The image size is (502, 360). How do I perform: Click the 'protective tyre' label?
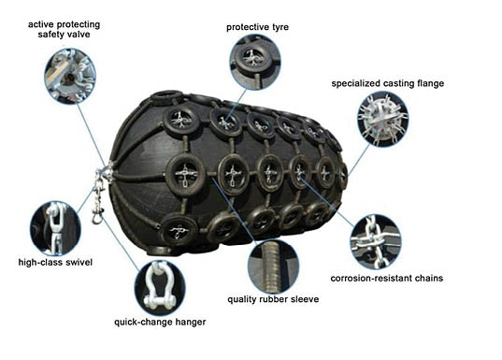coord(257,27)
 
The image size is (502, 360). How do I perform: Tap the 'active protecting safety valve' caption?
coord(64,30)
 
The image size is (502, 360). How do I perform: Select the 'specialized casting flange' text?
coord(388,83)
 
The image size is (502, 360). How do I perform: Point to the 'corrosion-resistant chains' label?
coord(387,278)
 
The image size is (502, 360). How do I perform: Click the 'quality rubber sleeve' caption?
coord(273,299)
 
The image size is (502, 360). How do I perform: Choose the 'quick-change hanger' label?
coord(160,322)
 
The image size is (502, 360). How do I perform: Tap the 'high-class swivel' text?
coord(55,263)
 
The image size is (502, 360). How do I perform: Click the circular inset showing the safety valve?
coord(70,76)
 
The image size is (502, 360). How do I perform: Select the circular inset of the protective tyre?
coord(255,62)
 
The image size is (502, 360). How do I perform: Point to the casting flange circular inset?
coord(383,119)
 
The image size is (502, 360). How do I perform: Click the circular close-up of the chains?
coord(375,242)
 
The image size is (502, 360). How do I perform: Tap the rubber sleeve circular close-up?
coord(273,266)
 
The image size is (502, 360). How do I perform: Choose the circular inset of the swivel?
coord(55,228)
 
